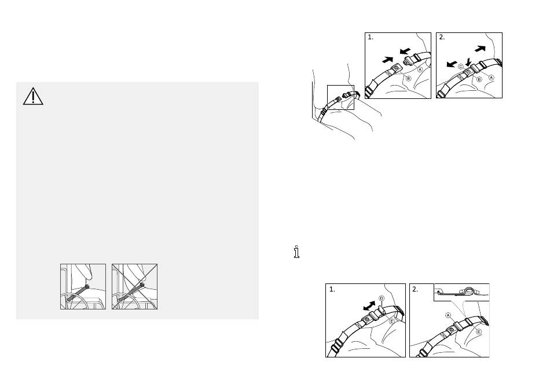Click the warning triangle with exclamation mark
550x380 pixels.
[x=33, y=97]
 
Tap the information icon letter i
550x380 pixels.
[x=297, y=252]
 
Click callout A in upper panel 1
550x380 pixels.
[x=420, y=70]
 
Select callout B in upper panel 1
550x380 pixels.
[x=408, y=79]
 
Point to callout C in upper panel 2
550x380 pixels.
[x=461, y=67]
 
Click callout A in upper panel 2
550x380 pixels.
[x=492, y=78]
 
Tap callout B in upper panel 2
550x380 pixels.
[x=479, y=79]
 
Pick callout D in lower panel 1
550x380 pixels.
[x=382, y=298]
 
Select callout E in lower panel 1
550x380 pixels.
[x=391, y=321]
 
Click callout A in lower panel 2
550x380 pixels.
[x=448, y=315]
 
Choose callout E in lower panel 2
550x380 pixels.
[x=478, y=331]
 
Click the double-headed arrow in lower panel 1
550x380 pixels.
[x=369, y=306]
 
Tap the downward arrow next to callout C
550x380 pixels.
[x=468, y=62]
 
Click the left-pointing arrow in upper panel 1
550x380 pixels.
[x=405, y=51]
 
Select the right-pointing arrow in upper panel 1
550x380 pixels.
[x=387, y=60]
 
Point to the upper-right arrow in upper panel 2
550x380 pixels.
[x=480, y=49]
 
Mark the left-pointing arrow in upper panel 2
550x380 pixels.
[x=452, y=64]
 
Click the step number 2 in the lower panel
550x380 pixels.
[x=415, y=290]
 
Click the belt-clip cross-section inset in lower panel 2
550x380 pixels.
[x=461, y=292]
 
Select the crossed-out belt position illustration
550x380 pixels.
[x=135, y=287]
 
